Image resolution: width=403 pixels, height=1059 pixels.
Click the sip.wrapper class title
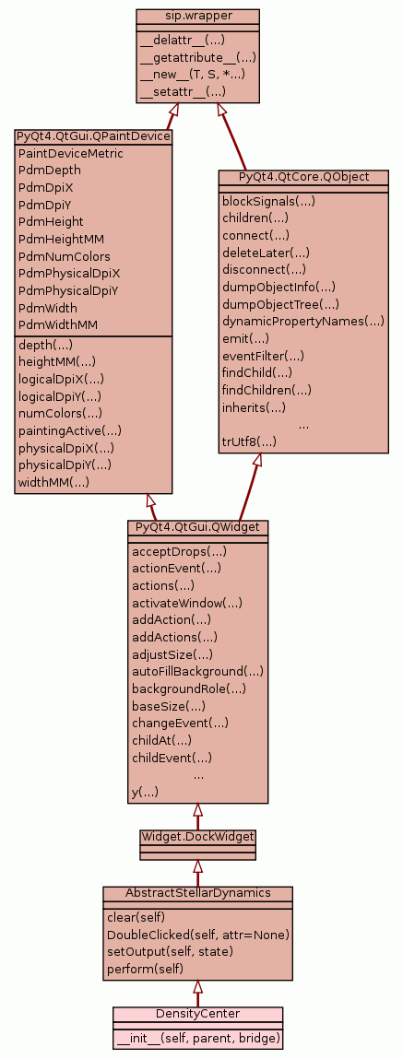coord(197,15)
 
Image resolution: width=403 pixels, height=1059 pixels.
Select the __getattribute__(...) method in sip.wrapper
coord(198,57)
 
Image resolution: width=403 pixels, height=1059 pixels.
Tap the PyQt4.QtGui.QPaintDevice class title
coord(92,136)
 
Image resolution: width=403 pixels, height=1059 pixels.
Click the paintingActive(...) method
coord(70,430)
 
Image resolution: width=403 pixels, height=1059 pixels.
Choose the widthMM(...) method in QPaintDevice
coord(54,482)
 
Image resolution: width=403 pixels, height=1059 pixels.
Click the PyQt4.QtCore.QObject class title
coord(303,176)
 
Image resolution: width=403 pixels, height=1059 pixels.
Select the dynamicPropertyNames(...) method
coord(302,321)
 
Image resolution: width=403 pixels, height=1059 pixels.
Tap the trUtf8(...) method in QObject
coord(250,441)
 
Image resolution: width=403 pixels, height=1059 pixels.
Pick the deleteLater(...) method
coord(266,253)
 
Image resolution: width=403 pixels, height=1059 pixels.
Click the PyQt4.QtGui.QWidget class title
coord(197,526)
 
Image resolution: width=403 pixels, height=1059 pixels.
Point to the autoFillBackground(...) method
coord(197,671)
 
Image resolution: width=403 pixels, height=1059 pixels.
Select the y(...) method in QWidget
coord(146,793)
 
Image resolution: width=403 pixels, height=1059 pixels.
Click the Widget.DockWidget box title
coord(197,836)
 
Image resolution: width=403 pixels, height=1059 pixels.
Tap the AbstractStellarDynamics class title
coord(197,893)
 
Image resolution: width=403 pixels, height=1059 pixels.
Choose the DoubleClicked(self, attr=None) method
coord(198,935)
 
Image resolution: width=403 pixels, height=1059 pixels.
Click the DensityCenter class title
coord(197,1013)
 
